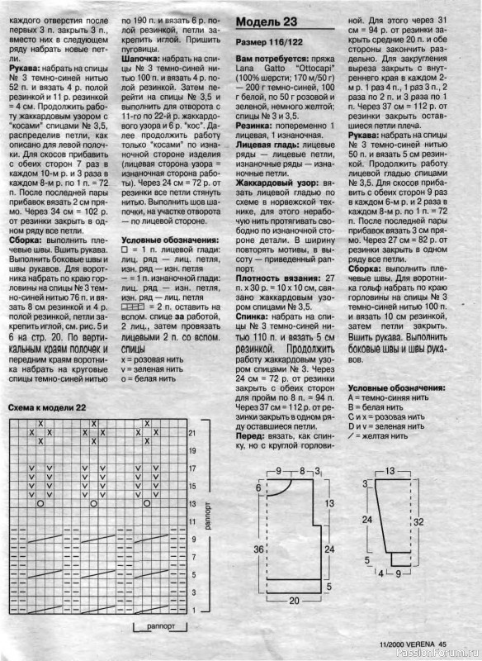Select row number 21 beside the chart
[191, 432]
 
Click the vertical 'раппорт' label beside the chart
[209, 517]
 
